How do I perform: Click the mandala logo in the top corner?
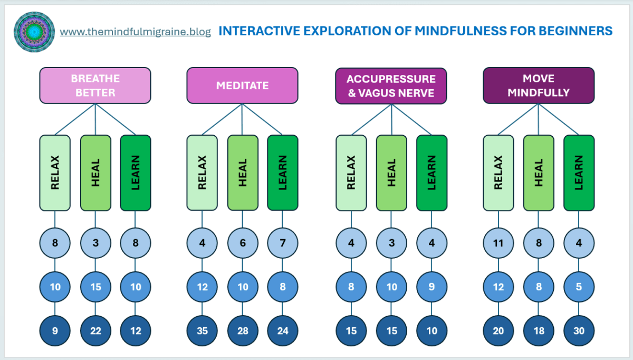tap(34, 32)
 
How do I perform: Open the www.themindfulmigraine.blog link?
tap(135, 32)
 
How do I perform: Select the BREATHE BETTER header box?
tap(95, 86)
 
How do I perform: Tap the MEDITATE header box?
tap(242, 86)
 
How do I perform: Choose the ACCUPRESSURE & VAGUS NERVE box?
tap(391, 86)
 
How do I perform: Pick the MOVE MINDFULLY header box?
tap(539, 86)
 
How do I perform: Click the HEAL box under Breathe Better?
tap(95, 173)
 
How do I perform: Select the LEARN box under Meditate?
tap(283, 173)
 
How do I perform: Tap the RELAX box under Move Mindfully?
tap(498, 173)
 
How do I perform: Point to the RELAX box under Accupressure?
tap(351, 173)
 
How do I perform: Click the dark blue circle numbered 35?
tap(202, 331)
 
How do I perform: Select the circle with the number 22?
tap(95, 331)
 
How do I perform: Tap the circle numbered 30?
tap(579, 331)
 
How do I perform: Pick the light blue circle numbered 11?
tap(498, 243)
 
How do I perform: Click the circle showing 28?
tap(243, 331)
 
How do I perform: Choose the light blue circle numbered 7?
tap(283, 243)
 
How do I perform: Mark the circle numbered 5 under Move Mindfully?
tap(579, 288)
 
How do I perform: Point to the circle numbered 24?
tap(283, 331)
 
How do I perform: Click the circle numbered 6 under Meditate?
tap(243, 243)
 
